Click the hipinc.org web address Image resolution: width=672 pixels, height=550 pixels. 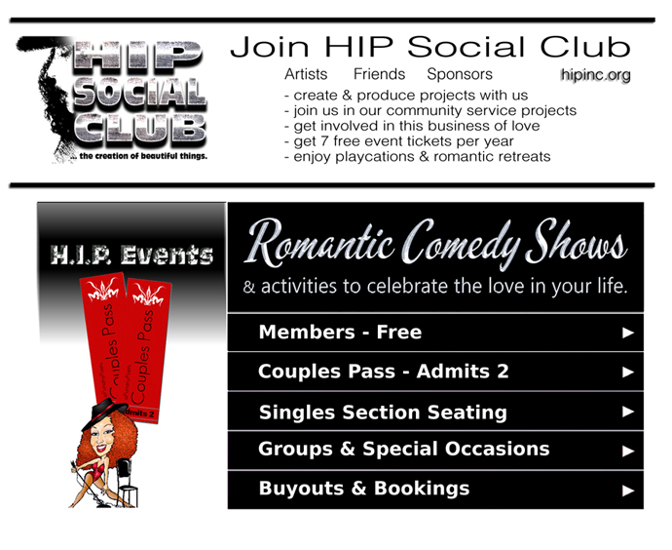[x=596, y=75]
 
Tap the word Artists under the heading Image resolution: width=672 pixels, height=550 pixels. [x=306, y=74]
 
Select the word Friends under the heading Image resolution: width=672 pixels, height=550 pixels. [x=379, y=74]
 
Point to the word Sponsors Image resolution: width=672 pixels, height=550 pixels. [x=460, y=75]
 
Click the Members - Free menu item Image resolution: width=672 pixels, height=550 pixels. [x=435, y=333]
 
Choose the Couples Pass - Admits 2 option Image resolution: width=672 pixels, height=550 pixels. [x=435, y=372]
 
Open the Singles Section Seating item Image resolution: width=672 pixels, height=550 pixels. [x=435, y=412]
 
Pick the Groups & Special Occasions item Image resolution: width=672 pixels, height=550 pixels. [x=435, y=450]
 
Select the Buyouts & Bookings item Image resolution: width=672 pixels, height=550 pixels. [x=435, y=490]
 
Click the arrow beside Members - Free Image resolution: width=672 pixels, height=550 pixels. [x=628, y=333]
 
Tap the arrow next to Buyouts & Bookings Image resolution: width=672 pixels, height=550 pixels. [x=628, y=490]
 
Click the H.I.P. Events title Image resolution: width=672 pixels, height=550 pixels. [x=131, y=255]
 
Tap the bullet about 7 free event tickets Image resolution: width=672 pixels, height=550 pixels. [x=398, y=141]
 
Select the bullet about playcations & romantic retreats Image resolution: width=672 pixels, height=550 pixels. [x=418, y=157]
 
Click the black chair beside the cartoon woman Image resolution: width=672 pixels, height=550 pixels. [x=126, y=483]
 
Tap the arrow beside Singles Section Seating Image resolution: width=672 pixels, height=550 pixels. [x=628, y=412]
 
